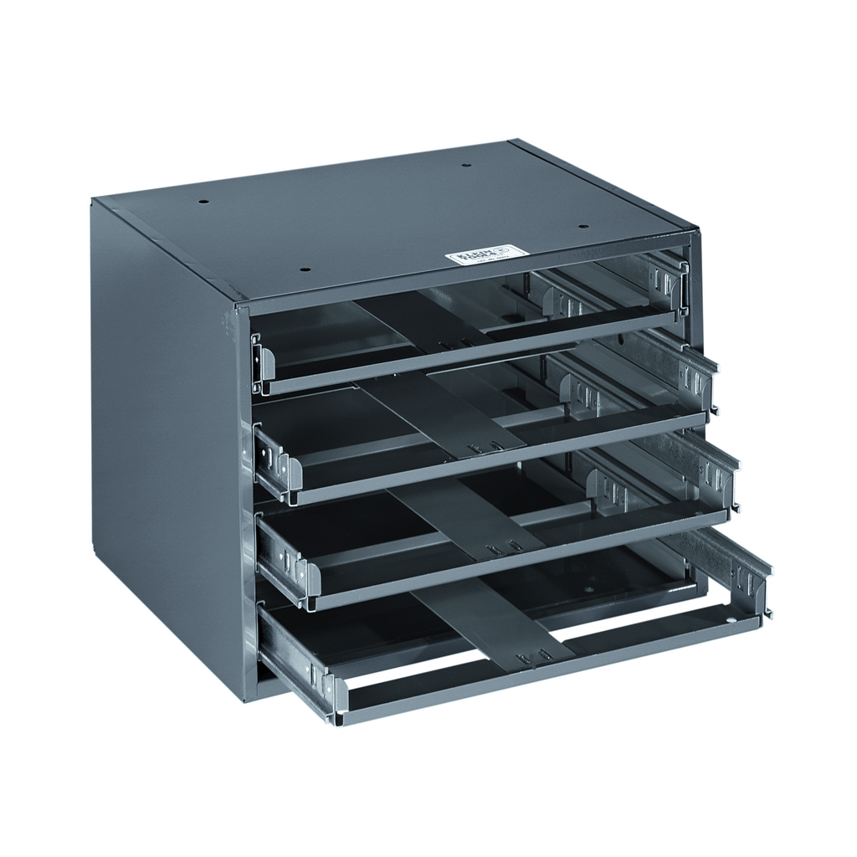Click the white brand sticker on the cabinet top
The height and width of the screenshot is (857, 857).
click(487, 253)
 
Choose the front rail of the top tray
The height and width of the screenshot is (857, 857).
click(469, 352)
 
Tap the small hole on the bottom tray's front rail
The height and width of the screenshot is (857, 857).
click(730, 622)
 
